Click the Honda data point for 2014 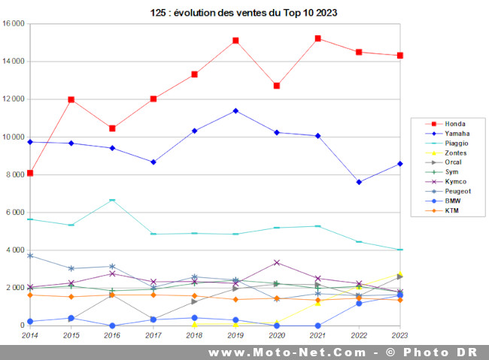point(30,173)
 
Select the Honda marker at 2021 point(317,38)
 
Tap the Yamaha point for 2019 point(235,110)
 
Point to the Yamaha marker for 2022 point(359,182)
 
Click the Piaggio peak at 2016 point(112,200)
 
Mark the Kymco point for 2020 point(277,262)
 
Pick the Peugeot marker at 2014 point(30,256)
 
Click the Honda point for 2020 point(277,86)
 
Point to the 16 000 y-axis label point(14,24)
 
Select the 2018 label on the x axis point(194,336)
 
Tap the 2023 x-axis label point(399,336)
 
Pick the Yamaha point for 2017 point(153,162)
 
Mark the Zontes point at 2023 point(399,274)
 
